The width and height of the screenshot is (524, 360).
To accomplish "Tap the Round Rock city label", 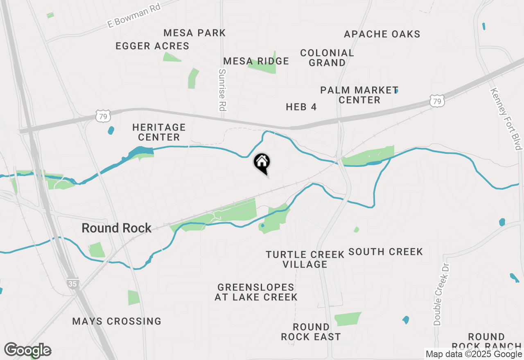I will (117, 228).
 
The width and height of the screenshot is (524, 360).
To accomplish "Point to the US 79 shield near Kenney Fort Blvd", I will (438, 101).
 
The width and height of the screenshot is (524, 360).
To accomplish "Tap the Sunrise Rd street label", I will (222, 90).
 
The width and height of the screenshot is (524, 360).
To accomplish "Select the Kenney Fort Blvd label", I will (507, 119).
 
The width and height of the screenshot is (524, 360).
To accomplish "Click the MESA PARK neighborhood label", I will (194, 33).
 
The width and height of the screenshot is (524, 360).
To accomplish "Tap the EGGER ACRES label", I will (152, 46).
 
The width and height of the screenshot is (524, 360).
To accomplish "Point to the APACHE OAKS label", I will (382, 34).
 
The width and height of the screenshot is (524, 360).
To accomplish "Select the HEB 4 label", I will (301, 107).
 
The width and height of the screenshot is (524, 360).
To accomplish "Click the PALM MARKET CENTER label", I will (359, 95).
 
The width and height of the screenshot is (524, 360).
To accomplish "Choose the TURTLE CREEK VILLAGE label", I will (305, 259).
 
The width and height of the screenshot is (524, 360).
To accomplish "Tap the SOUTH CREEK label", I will (386, 252).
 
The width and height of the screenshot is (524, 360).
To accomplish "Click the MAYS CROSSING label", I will (117, 321).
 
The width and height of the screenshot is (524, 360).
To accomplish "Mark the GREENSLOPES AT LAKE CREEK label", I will (256, 292).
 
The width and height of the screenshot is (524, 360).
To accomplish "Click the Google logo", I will (27, 350).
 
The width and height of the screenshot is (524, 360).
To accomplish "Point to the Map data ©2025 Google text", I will (474, 354).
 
